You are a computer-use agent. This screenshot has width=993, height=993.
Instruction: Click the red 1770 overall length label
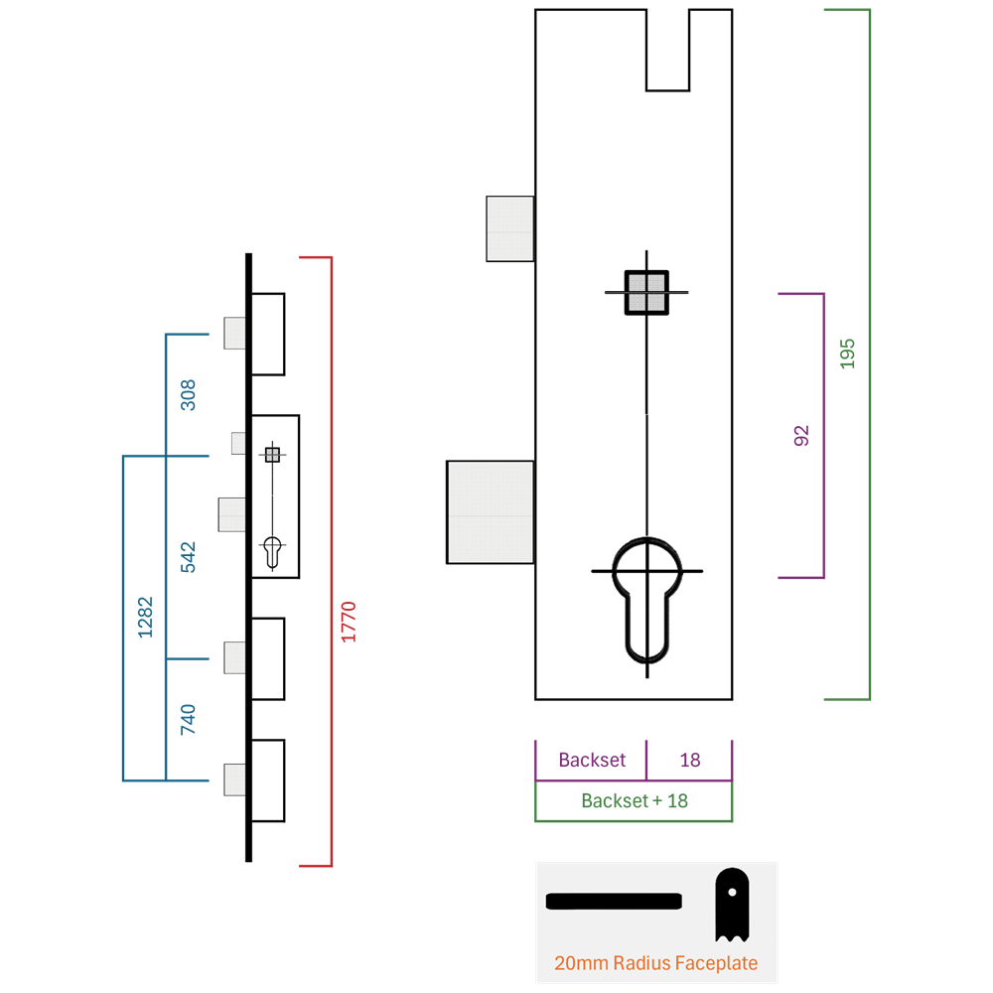349,622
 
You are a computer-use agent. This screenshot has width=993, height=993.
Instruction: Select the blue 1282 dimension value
145,617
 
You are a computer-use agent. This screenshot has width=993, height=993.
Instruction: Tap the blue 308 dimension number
188,395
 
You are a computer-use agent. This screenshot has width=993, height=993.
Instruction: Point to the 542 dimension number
188,557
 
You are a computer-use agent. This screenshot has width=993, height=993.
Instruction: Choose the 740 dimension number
188,719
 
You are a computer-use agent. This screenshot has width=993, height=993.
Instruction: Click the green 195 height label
847,355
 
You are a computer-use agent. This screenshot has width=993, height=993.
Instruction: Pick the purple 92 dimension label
801,436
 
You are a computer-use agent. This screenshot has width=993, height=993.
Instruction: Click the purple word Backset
592,760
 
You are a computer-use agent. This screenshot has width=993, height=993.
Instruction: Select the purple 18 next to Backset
690,760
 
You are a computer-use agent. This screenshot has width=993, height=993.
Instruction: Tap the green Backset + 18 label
635,800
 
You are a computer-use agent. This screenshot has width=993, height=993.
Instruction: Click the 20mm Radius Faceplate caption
655,963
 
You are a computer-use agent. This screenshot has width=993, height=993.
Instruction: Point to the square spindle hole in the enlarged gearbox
646,293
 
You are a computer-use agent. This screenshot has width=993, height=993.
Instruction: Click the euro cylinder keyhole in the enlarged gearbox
646,599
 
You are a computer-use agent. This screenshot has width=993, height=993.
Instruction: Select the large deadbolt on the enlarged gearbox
491,512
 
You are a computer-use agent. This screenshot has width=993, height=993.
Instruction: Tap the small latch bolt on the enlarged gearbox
509,228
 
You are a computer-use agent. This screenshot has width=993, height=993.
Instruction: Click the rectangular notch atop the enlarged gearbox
667,50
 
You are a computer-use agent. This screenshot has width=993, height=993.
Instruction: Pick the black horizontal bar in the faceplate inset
614,902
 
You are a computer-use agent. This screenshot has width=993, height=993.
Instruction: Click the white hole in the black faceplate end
732,893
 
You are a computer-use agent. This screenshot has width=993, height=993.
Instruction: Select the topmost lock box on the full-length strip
268,335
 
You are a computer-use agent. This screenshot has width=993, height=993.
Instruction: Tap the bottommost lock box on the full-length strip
268,780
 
